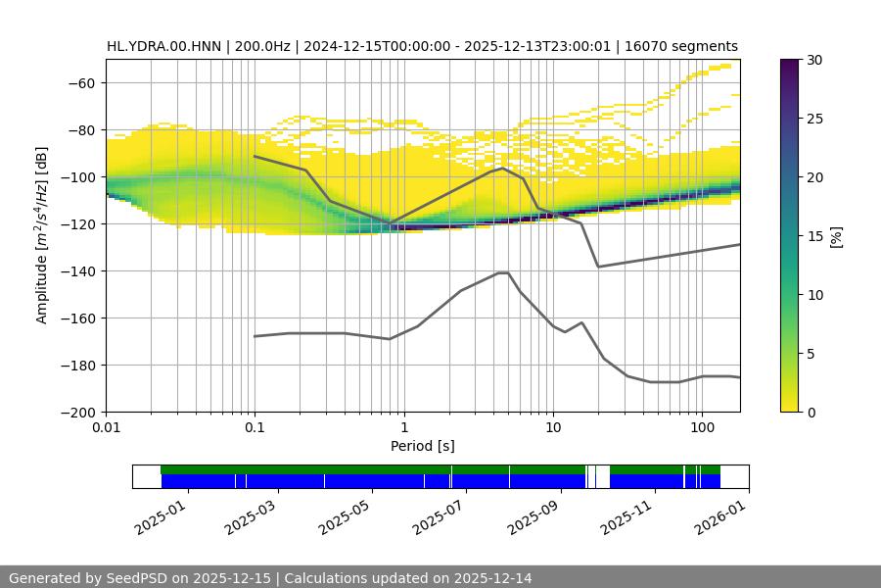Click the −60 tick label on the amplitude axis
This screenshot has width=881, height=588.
click(x=81, y=82)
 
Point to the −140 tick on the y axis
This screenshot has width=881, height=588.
click(x=77, y=270)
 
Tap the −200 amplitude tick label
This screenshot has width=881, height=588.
click(x=77, y=412)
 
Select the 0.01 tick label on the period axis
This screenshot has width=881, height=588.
click(x=106, y=428)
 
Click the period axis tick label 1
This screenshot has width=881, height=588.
click(x=403, y=428)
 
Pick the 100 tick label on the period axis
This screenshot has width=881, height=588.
click(x=701, y=428)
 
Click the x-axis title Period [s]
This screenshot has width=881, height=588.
click(x=423, y=446)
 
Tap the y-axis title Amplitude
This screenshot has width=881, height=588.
click(x=42, y=235)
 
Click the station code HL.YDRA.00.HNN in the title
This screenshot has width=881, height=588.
click(x=164, y=46)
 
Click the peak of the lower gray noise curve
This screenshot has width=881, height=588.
click(x=503, y=272)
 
